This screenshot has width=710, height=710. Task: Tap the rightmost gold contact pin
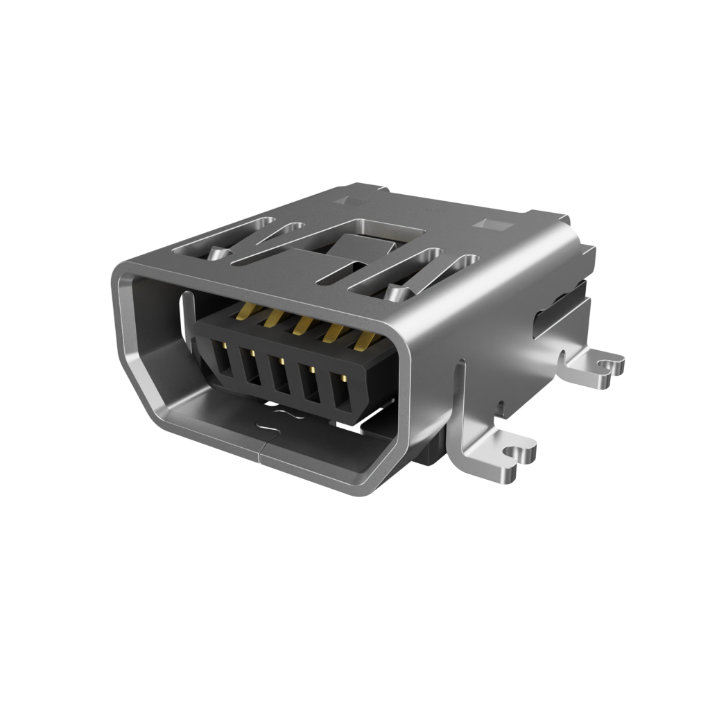[365, 340]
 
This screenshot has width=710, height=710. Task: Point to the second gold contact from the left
[272, 320]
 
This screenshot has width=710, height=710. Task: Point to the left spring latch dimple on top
[218, 254]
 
